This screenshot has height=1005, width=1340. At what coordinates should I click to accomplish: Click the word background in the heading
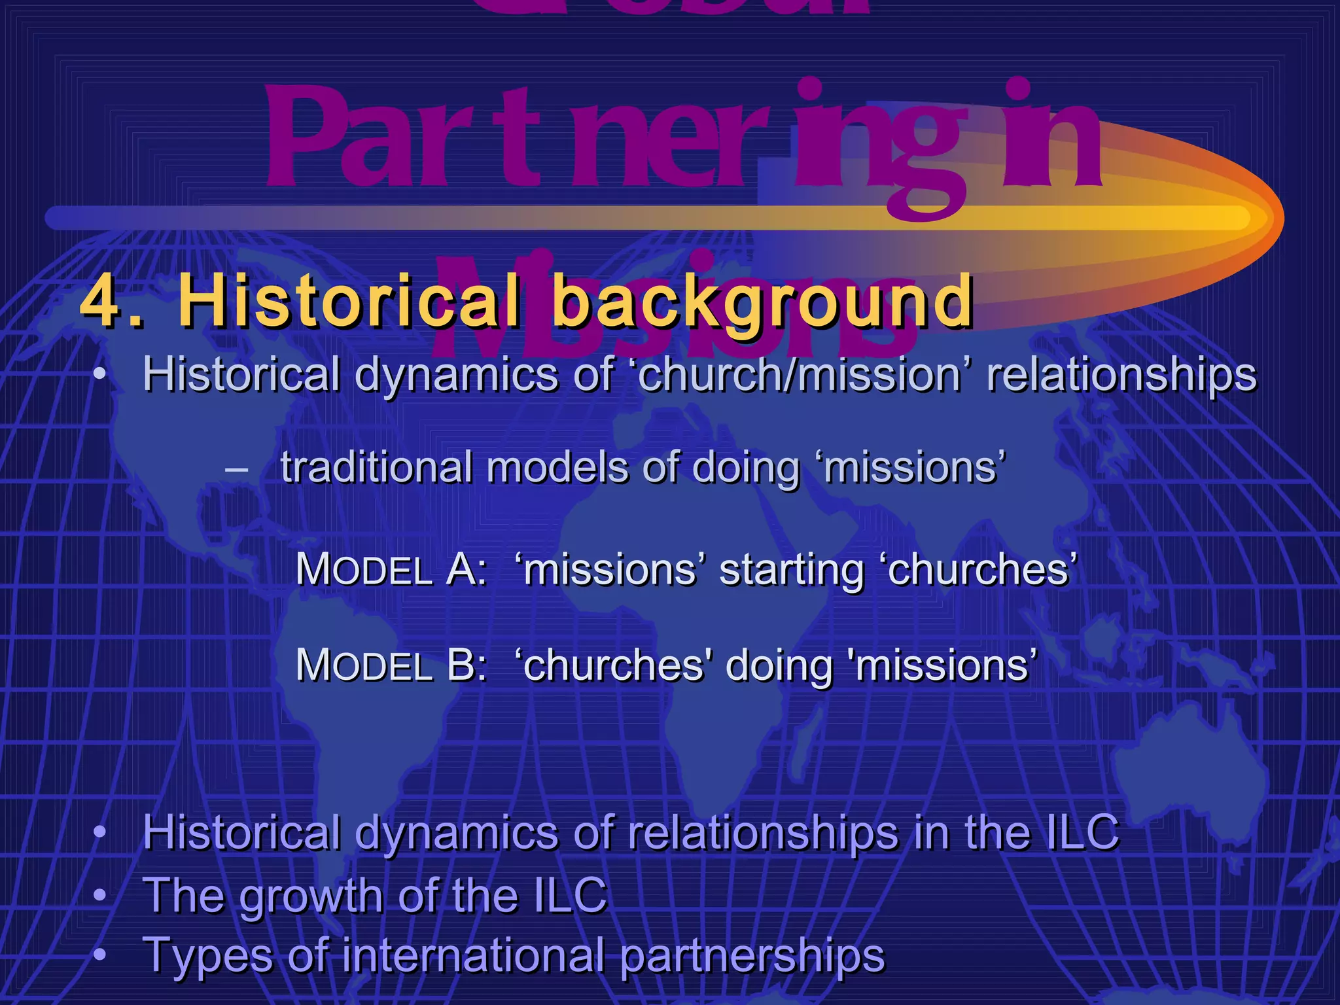click(x=763, y=302)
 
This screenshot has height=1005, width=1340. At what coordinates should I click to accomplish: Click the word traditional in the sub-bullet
click(x=376, y=467)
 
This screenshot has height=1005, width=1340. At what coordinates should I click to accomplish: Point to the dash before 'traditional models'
click(x=235, y=470)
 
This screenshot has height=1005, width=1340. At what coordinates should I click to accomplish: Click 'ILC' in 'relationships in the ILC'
click(x=1082, y=832)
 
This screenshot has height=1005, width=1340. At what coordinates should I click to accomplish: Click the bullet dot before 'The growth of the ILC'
click(x=99, y=894)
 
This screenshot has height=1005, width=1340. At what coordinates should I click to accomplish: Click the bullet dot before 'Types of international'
click(x=99, y=954)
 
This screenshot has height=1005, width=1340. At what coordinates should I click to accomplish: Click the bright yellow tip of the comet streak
click(x=1230, y=217)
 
